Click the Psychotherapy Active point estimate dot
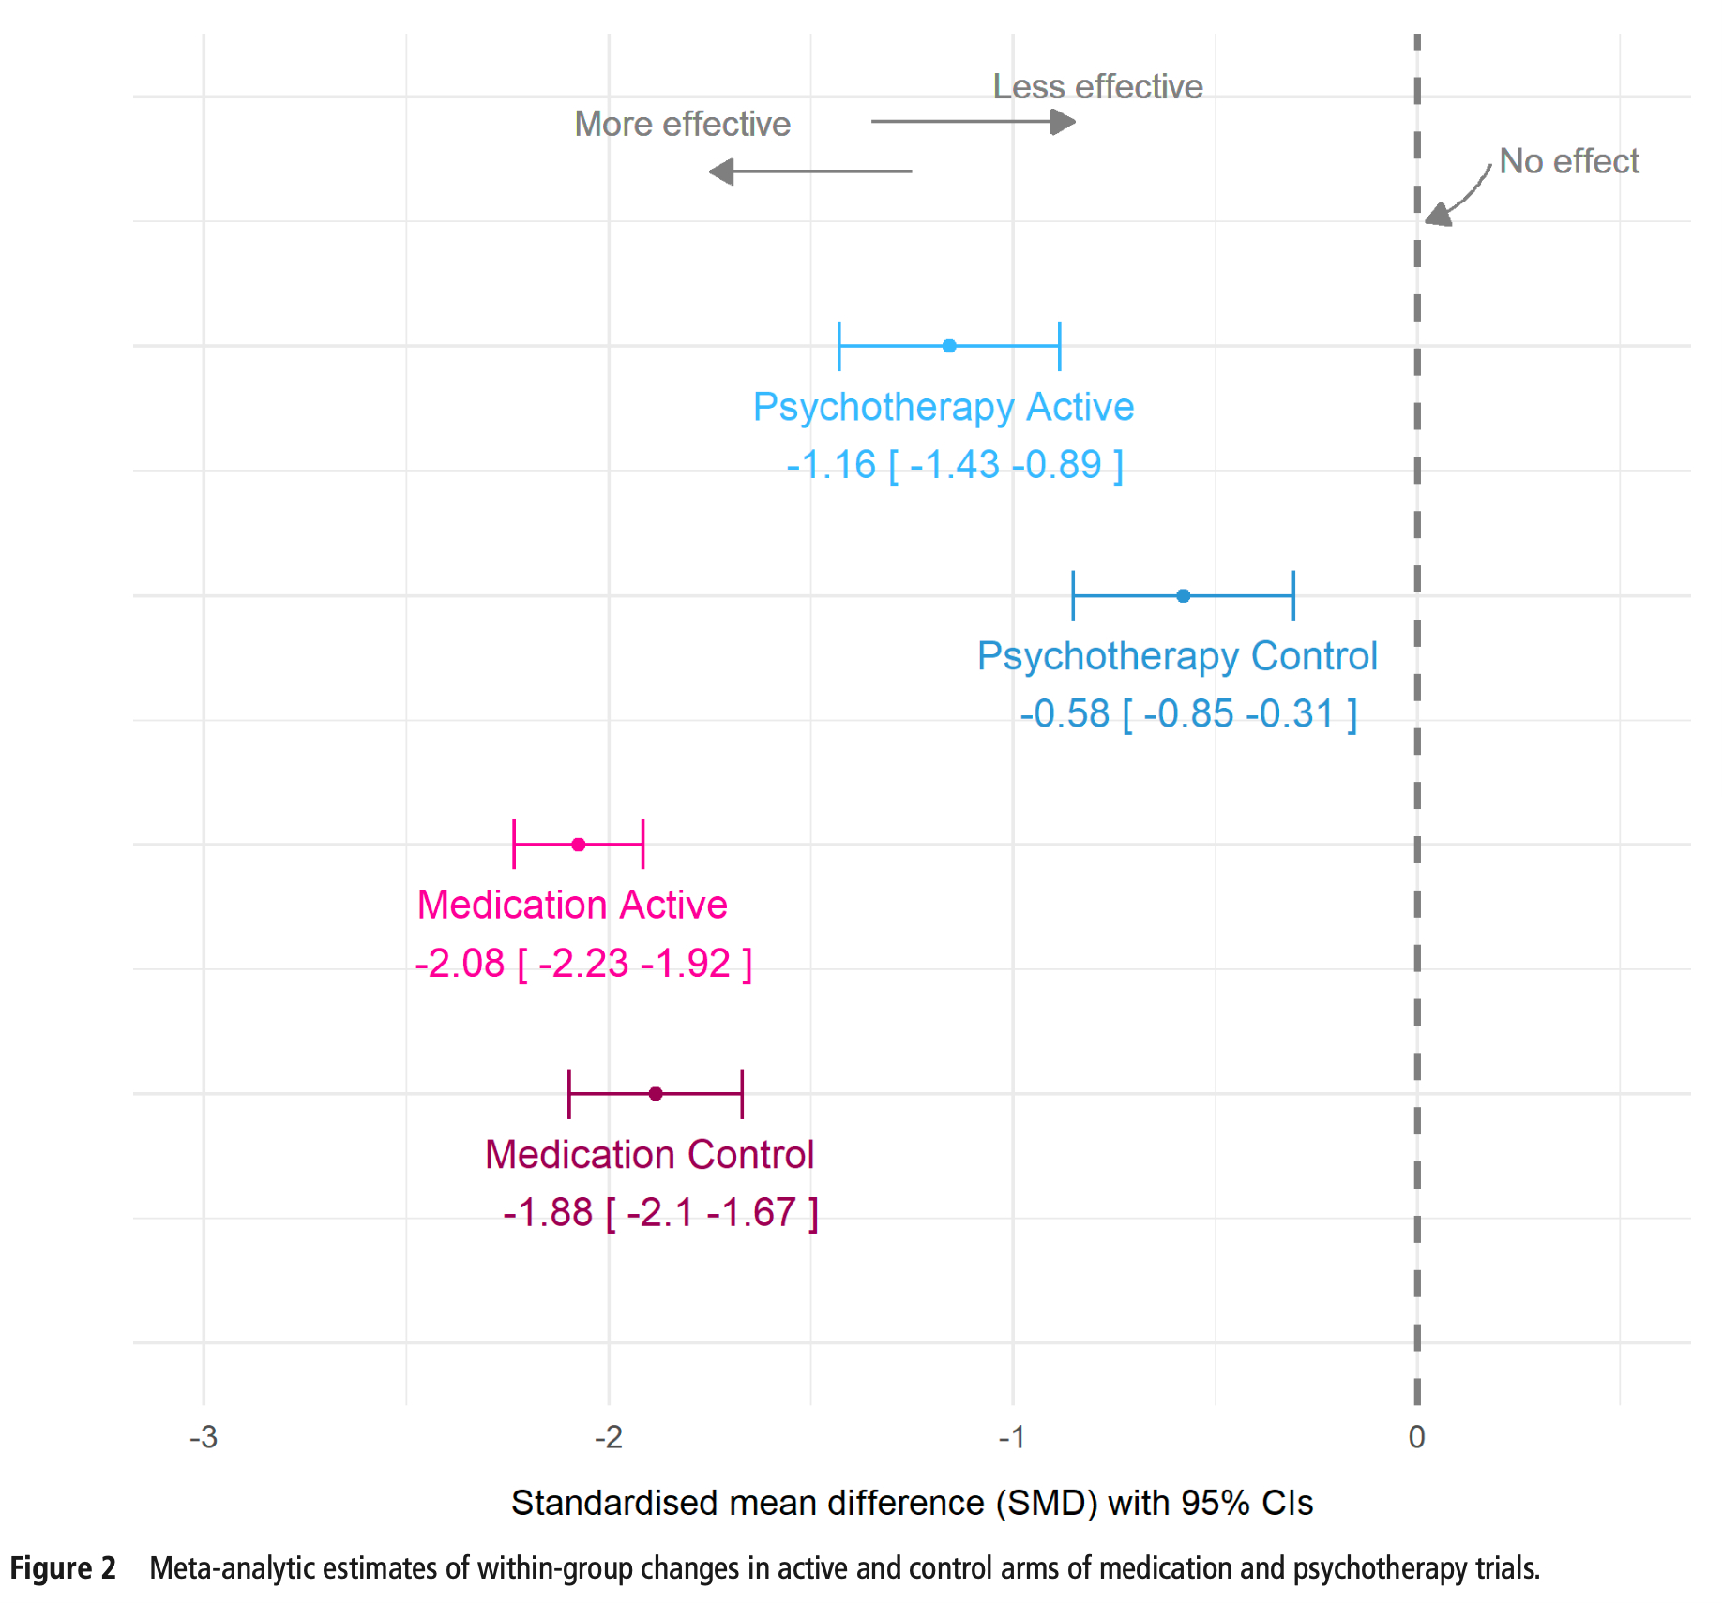coord(949,346)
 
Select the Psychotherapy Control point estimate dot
coord(1184,595)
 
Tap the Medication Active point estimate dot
coord(579,845)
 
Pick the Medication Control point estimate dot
coord(656,1094)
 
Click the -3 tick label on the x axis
coord(204,1437)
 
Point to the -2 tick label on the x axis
coord(609,1437)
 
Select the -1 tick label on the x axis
coord(1012,1437)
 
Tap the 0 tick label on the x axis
coord(1416,1437)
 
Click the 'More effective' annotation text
coord(682,124)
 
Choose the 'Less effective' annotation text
coord(1097,86)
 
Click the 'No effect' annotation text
coord(1568,161)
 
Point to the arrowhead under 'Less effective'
coord(1064,121)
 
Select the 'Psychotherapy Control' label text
coord(1177,656)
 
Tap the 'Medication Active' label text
coord(572,906)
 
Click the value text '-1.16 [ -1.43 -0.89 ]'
coord(955,465)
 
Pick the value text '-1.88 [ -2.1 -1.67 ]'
coord(660,1213)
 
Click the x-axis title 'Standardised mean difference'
coord(912,1503)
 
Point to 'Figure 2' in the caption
coord(63,1568)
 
